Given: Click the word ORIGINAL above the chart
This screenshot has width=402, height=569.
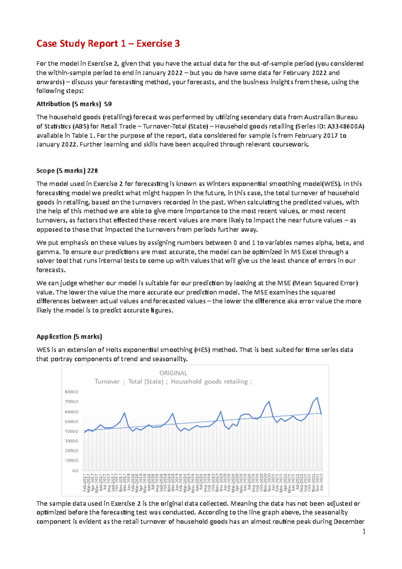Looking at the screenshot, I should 173,373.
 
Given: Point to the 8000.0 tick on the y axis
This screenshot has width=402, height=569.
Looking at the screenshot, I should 71,392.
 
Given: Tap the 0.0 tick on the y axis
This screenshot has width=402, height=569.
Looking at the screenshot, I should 75,470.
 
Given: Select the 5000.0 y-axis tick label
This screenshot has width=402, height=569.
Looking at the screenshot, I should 71,421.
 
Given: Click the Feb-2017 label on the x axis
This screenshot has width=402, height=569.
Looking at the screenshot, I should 85,483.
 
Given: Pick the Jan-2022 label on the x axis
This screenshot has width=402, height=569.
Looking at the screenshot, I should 322,482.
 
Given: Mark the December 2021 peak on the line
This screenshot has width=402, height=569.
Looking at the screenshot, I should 317,398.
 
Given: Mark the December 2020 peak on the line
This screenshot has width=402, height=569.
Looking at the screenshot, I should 269,401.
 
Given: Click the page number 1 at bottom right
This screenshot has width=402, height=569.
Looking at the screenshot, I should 363,532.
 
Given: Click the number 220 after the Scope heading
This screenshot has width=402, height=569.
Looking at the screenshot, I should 92,171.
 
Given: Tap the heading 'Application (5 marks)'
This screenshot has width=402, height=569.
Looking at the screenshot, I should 69,336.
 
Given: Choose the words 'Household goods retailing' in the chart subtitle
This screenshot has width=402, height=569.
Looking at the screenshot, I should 209,381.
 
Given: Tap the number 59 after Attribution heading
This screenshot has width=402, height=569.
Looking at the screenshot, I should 108,104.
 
